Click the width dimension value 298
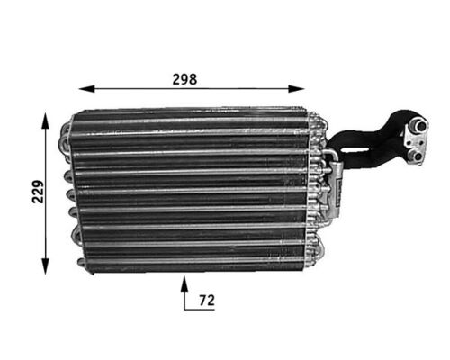184,78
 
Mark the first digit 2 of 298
175,78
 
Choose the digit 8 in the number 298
193,78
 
